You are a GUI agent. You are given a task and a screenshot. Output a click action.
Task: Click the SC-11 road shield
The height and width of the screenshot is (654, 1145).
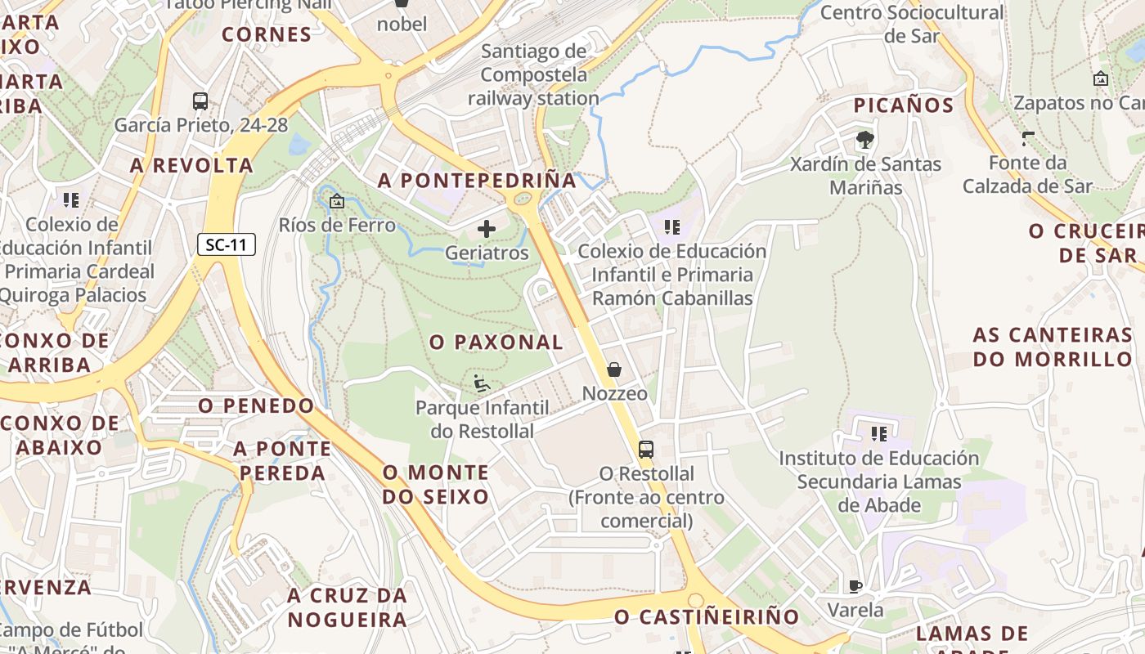(227, 244)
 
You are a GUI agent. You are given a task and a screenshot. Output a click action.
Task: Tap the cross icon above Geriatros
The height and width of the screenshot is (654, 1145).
(487, 228)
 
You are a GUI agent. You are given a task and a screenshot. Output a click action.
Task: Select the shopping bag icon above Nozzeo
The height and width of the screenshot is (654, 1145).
(614, 370)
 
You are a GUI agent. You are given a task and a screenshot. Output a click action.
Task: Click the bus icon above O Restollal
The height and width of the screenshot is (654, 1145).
(646, 449)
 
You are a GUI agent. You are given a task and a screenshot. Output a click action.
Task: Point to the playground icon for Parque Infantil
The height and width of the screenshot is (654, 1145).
(482, 383)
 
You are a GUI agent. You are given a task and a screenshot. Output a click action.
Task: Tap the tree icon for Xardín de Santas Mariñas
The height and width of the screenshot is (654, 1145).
(864, 140)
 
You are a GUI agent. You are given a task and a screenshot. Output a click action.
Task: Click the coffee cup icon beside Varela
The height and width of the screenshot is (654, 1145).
(855, 586)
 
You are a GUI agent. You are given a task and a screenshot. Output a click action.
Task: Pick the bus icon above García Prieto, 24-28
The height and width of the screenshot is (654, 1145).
(200, 101)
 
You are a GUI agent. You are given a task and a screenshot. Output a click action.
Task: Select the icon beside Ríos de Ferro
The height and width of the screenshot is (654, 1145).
(336, 201)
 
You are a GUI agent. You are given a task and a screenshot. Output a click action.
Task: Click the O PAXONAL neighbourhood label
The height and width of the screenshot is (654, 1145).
(496, 343)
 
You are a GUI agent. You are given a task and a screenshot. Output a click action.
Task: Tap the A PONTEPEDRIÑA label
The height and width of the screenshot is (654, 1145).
(478, 181)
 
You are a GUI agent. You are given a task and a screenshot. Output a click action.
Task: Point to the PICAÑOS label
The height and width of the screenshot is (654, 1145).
(904, 105)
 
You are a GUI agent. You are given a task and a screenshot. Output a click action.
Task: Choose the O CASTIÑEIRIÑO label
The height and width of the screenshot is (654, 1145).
(707, 616)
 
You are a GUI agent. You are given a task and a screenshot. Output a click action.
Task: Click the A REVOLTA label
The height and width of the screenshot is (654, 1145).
(191, 165)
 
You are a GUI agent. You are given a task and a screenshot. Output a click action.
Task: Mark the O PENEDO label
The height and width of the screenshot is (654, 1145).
(256, 405)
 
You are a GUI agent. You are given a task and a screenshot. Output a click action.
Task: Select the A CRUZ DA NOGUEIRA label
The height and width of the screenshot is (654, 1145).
(347, 607)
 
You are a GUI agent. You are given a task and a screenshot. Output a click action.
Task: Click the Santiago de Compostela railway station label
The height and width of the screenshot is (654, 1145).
(533, 74)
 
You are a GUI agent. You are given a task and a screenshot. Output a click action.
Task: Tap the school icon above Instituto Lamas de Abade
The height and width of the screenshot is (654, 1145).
(879, 434)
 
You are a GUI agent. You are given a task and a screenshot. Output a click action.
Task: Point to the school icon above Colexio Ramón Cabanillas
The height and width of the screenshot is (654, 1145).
(672, 227)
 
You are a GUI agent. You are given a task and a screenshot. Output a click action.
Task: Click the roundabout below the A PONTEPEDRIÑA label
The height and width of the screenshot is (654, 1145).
(523, 198)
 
